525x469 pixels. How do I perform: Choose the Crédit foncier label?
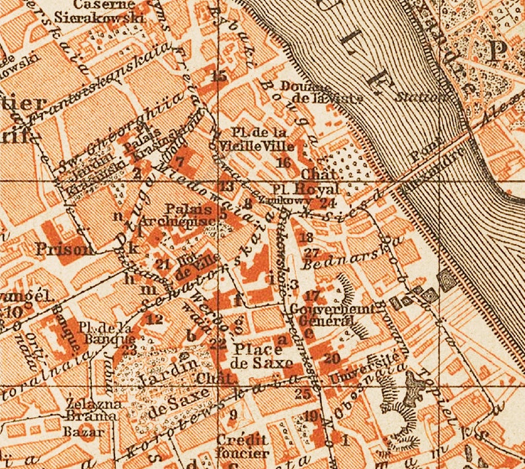pos(243,447)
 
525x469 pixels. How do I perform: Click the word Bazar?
pos(84,432)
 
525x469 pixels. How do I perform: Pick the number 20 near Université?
pos(332,358)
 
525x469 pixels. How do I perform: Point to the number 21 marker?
pos(164,264)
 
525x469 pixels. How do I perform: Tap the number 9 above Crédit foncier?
pos(232,415)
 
